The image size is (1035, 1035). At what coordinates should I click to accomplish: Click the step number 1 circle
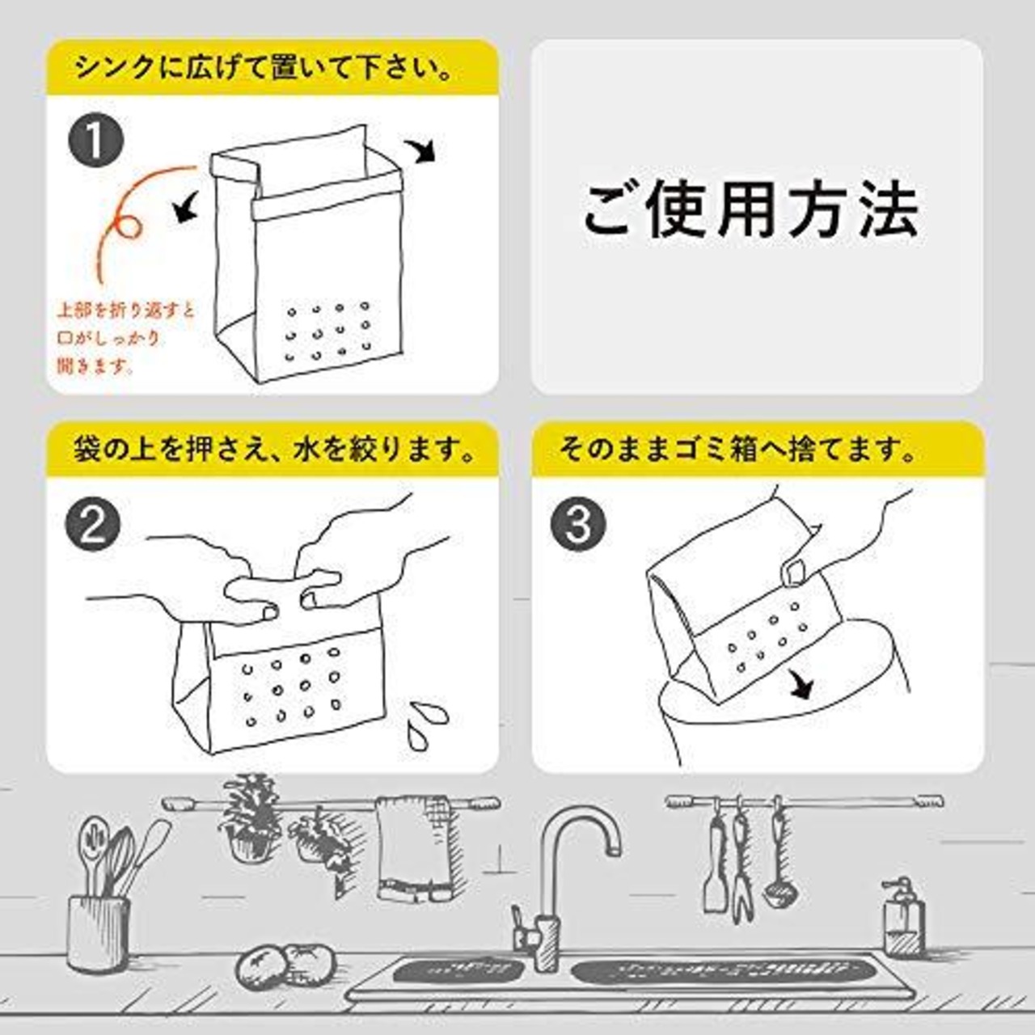coord(96,141)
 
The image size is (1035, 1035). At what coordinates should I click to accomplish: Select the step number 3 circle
coord(578,524)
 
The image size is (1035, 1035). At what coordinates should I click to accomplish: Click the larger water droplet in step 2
coord(429,714)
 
